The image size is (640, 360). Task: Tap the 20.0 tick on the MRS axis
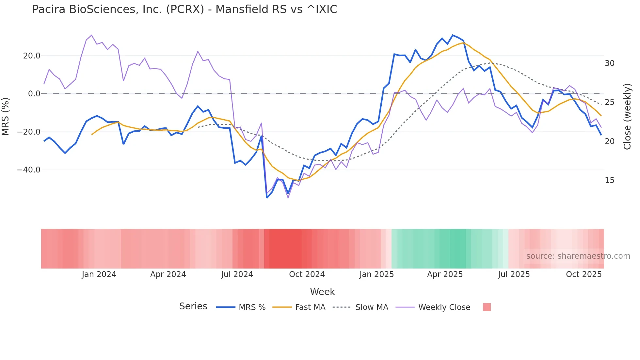pos(32,56)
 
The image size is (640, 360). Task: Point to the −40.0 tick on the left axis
pos(29,170)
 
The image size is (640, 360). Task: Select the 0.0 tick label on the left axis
pos(34,94)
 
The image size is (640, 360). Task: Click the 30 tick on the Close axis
pos(609,63)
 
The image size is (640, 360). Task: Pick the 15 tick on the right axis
pos(609,180)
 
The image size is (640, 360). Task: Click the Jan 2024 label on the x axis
pos(99,274)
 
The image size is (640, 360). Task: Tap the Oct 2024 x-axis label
pos(307,274)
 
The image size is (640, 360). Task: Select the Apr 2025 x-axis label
pos(445,274)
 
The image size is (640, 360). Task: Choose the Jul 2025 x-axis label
pos(514,274)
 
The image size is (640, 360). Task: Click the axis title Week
pos(322,292)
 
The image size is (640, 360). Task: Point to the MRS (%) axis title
pos(6,117)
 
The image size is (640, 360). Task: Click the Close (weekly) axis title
pos(627,117)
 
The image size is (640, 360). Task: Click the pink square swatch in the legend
pos(487,307)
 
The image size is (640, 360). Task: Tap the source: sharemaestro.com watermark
pos(578,256)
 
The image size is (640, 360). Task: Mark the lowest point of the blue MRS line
pos(267,198)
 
